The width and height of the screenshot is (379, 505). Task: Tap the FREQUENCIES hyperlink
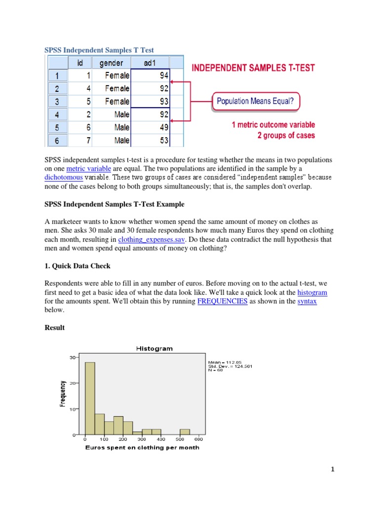pyautogui.click(x=222, y=301)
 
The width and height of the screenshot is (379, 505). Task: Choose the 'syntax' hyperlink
pyautogui.click(x=307, y=301)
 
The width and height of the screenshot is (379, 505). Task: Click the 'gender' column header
pyautogui.click(x=114, y=63)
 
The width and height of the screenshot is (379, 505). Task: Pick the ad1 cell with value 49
pyautogui.click(x=152, y=127)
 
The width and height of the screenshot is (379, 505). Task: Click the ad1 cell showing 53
pyautogui.click(x=152, y=141)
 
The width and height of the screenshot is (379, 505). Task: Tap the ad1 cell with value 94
pyautogui.click(x=152, y=75)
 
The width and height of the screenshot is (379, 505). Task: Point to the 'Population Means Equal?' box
pyautogui.click(x=256, y=103)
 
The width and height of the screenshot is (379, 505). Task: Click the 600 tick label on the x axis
pyautogui.click(x=198, y=439)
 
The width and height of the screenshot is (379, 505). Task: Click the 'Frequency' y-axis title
pyautogui.click(x=63, y=393)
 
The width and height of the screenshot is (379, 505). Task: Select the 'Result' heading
pyautogui.click(x=54, y=327)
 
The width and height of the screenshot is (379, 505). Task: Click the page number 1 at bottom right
pyautogui.click(x=333, y=469)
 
